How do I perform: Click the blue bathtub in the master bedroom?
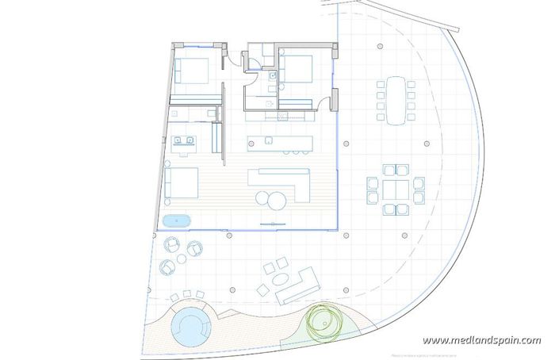tap(176, 221)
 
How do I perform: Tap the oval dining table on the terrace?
tap(395, 100)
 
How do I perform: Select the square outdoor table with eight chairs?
tap(395, 190)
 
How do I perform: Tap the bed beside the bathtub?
tap(182, 182)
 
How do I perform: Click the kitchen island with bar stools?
tap(280, 144)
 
